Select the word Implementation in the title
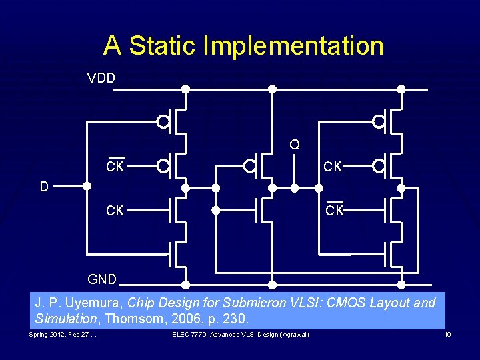click(293, 46)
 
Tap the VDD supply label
click(101, 79)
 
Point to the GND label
click(102, 279)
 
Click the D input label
click(44, 187)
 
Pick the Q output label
click(294, 145)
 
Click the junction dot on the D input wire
click(87, 187)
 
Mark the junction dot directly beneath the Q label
click(295, 188)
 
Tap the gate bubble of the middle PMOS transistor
click(250, 165)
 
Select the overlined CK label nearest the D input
click(115, 167)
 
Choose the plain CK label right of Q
click(333, 167)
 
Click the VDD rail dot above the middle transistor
click(271, 89)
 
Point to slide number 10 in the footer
click(447, 334)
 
